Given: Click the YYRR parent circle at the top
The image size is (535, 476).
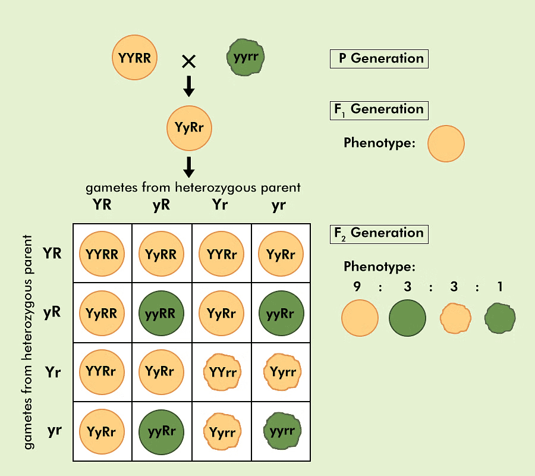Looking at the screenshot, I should point(135,58).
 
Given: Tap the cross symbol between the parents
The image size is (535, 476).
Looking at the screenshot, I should point(188,61).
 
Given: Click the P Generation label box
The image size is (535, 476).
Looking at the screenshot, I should point(379,59).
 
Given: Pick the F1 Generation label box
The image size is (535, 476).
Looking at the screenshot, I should point(379,109).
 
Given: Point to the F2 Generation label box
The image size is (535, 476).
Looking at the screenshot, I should point(379,233).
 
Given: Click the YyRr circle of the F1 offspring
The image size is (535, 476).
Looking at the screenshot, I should point(189,127).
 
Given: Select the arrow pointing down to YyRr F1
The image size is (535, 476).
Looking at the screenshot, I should point(188,87).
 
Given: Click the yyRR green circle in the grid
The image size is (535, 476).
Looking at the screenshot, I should point(161,312).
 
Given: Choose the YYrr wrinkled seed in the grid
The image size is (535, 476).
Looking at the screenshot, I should point(222,372).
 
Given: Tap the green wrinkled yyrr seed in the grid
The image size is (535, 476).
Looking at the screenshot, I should point(281,431).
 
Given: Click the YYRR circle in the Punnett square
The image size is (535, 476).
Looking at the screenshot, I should point(102,254).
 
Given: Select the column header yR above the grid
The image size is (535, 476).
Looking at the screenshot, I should point(161,205).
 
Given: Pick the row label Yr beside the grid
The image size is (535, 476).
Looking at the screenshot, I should point(53,372).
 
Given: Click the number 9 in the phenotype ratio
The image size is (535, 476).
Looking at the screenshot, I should point(357,287).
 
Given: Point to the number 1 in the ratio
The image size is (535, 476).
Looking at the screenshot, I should point(501,287).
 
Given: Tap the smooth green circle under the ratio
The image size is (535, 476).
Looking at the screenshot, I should point(407,318).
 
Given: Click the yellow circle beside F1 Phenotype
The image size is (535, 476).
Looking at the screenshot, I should point(446,143).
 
